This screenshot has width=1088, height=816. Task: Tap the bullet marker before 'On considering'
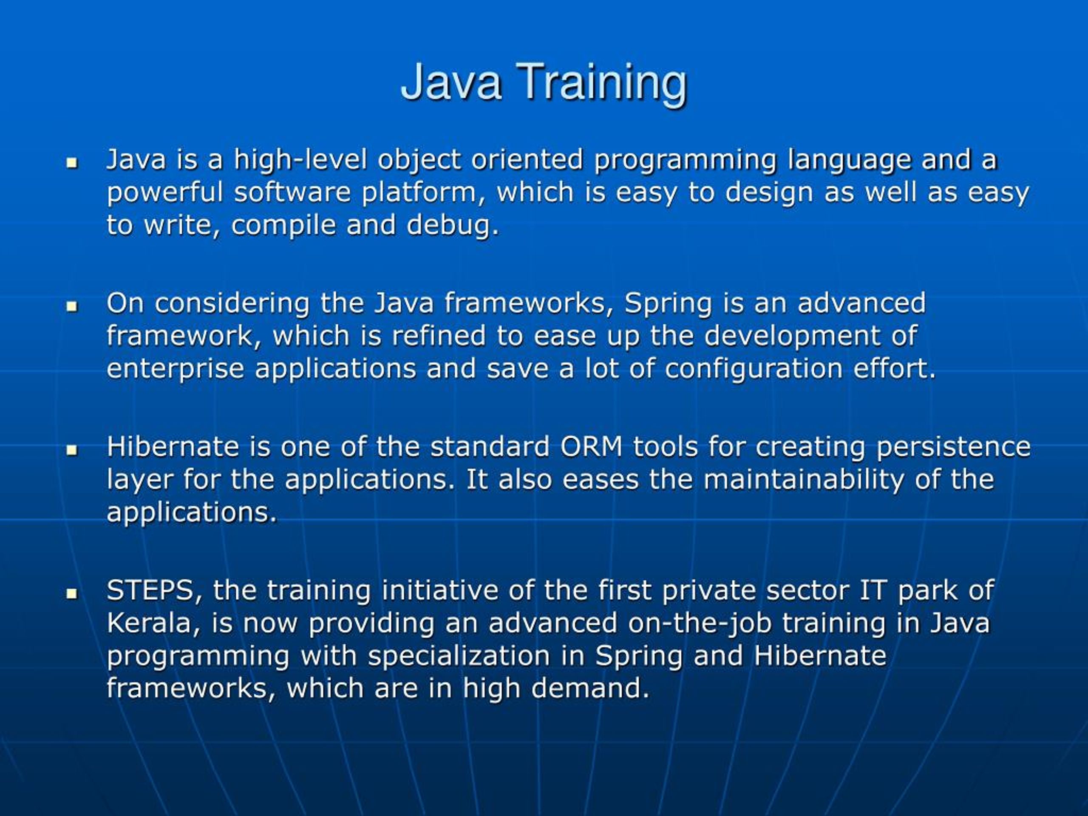point(72,306)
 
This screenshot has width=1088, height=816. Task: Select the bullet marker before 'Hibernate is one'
point(72,450)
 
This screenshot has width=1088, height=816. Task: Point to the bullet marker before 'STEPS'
point(72,593)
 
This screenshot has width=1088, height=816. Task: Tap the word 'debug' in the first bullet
point(448,225)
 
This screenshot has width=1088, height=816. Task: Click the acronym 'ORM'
point(591,447)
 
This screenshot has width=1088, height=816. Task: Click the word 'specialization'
point(459,656)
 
